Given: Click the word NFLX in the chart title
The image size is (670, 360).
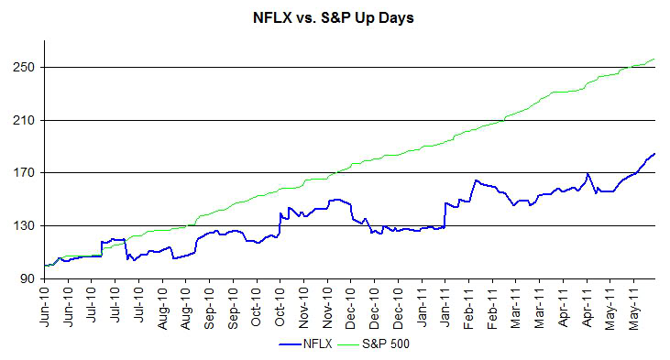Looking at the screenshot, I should pos(272,17).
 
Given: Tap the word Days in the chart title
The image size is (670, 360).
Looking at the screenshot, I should pos(395,17).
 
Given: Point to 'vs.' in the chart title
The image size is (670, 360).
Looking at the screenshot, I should pos(307,17).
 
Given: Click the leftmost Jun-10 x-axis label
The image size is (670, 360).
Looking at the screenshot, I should pos(46,306).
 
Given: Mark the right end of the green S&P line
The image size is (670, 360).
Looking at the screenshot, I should pos(654,60).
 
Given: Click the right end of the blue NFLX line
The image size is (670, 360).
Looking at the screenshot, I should pos(654,153).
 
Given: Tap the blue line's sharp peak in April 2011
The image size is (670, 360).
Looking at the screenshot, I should pos(588,173).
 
